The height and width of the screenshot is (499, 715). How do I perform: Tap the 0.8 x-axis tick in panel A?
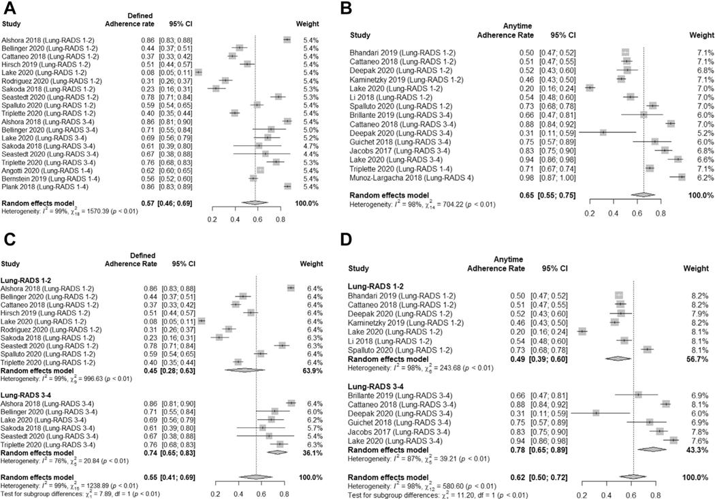280,220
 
